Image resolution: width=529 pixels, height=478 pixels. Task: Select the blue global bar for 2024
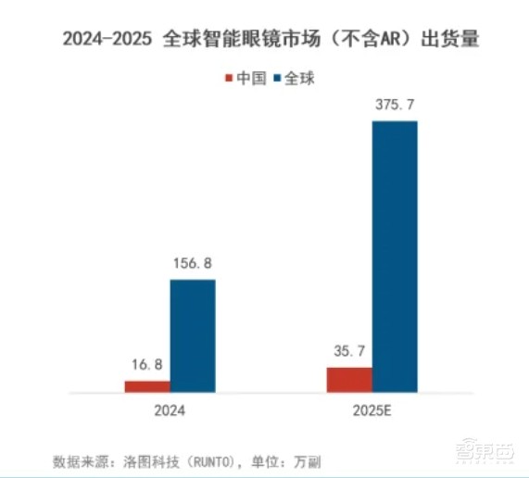[193, 336]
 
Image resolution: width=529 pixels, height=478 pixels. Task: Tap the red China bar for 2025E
[349, 380]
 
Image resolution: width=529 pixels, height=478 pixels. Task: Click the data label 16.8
[147, 364]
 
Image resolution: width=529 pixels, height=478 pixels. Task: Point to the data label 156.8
[193, 264]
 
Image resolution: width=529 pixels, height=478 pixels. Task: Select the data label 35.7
[349, 351]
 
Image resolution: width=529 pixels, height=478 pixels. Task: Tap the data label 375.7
[395, 105]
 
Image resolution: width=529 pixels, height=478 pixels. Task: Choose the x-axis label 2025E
[372, 411]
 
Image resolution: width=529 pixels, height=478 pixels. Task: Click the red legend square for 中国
[230, 80]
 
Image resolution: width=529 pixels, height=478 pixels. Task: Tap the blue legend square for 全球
[276, 80]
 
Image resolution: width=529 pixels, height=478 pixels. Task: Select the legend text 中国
[251, 79]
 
